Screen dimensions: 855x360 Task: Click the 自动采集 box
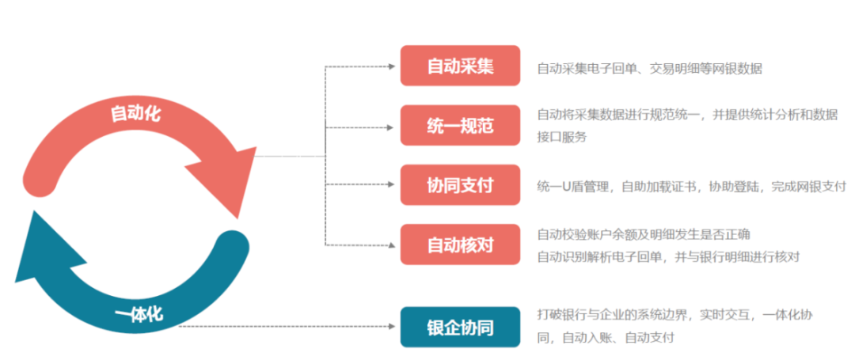[x=460, y=66]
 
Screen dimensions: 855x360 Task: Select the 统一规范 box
[x=460, y=125]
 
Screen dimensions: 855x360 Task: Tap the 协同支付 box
[x=460, y=184]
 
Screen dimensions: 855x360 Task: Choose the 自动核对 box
[x=460, y=244]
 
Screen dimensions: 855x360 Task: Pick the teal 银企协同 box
[x=460, y=327]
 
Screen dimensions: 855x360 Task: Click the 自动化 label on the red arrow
[x=136, y=113]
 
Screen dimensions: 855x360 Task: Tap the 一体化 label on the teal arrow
[x=139, y=314]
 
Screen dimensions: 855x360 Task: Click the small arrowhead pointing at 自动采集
[x=391, y=66]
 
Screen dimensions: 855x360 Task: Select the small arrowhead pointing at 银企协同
[x=391, y=327]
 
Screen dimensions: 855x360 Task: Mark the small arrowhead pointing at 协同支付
[x=391, y=184]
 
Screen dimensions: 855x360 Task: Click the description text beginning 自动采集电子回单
[x=649, y=69]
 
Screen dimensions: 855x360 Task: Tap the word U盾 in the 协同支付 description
[x=570, y=186]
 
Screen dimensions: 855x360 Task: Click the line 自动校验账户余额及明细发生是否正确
[x=644, y=235]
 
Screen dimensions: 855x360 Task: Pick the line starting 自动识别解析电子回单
[x=668, y=256]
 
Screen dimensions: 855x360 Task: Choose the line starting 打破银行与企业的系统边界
[x=675, y=316]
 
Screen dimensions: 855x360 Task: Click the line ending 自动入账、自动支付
[x=606, y=338]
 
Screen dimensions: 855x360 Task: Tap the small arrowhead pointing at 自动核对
[x=391, y=244]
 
